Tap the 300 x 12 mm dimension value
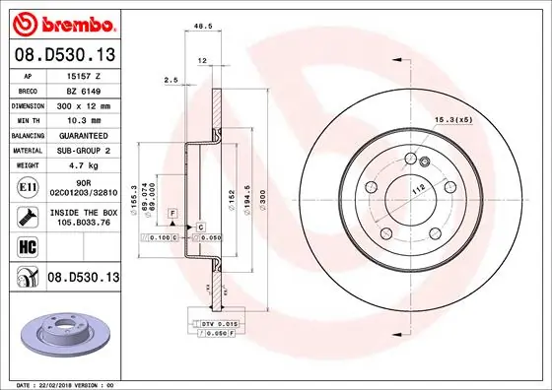pyautogui.click(x=82, y=103)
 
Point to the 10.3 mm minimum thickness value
pyautogui.click(x=83, y=118)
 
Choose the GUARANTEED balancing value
pyautogui.click(x=83, y=134)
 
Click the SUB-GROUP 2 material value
pyautogui.click(x=83, y=150)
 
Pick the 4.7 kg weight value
pyautogui.click(x=82, y=165)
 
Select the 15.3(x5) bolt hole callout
pyautogui.click(x=449, y=120)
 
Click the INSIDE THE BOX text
pyautogui.click(x=83, y=212)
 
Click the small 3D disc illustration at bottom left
pyautogui.click(x=61, y=331)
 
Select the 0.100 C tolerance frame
pyautogui.click(x=161, y=238)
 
